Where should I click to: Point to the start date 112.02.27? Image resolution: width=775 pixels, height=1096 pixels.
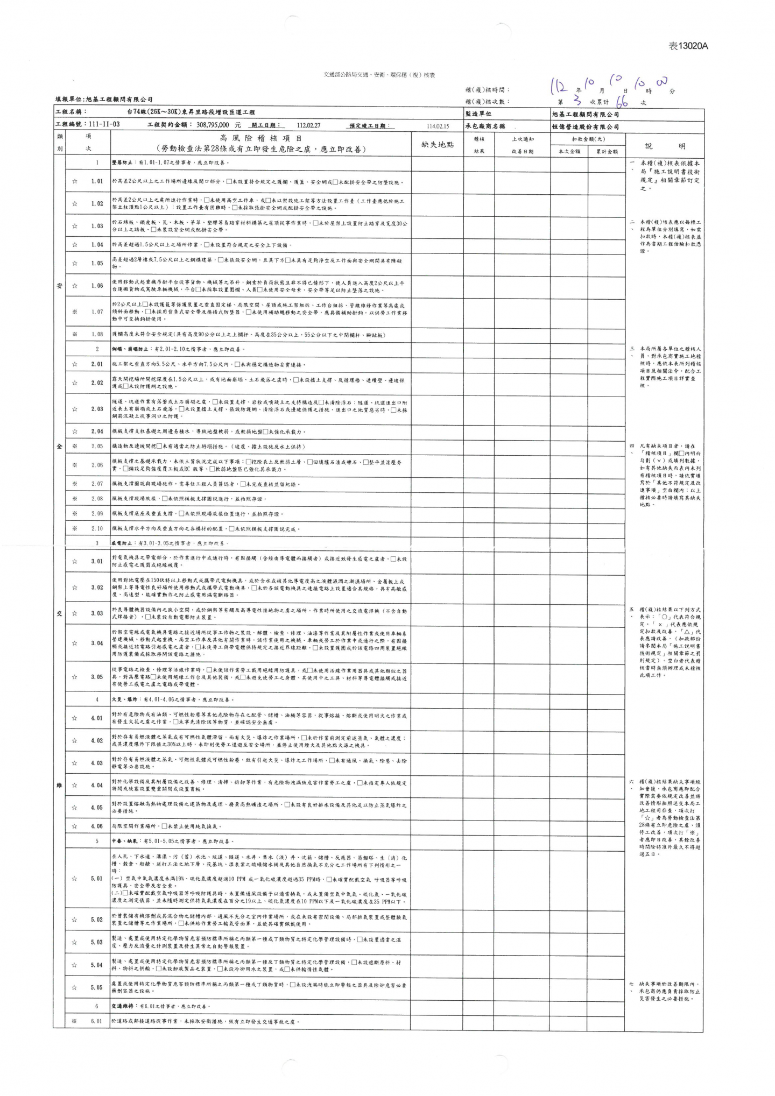[308, 125]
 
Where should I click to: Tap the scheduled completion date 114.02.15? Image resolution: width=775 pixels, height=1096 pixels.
[438, 126]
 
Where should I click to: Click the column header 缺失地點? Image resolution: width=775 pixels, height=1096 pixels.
[438, 145]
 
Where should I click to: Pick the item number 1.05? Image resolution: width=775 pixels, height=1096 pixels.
[97, 264]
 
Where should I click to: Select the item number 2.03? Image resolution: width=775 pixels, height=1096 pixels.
[97, 409]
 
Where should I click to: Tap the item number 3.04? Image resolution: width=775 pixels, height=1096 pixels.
[97, 643]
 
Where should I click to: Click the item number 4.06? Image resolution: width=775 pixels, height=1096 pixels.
[97, 826]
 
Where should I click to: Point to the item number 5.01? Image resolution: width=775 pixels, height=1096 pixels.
[97, 879]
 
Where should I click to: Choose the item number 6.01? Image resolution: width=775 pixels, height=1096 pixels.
[97, 1021]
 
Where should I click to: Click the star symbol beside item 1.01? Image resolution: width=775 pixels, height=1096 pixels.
[75, 181]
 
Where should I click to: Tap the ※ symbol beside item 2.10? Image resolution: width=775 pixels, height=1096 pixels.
[75, 528]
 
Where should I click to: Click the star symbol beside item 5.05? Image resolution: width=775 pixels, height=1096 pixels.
[75, 987]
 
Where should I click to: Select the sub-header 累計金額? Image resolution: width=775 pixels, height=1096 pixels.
[607, 152]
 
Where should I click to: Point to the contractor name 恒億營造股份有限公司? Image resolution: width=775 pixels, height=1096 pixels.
[585, 127]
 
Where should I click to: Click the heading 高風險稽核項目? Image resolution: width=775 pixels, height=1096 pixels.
[260, 139]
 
